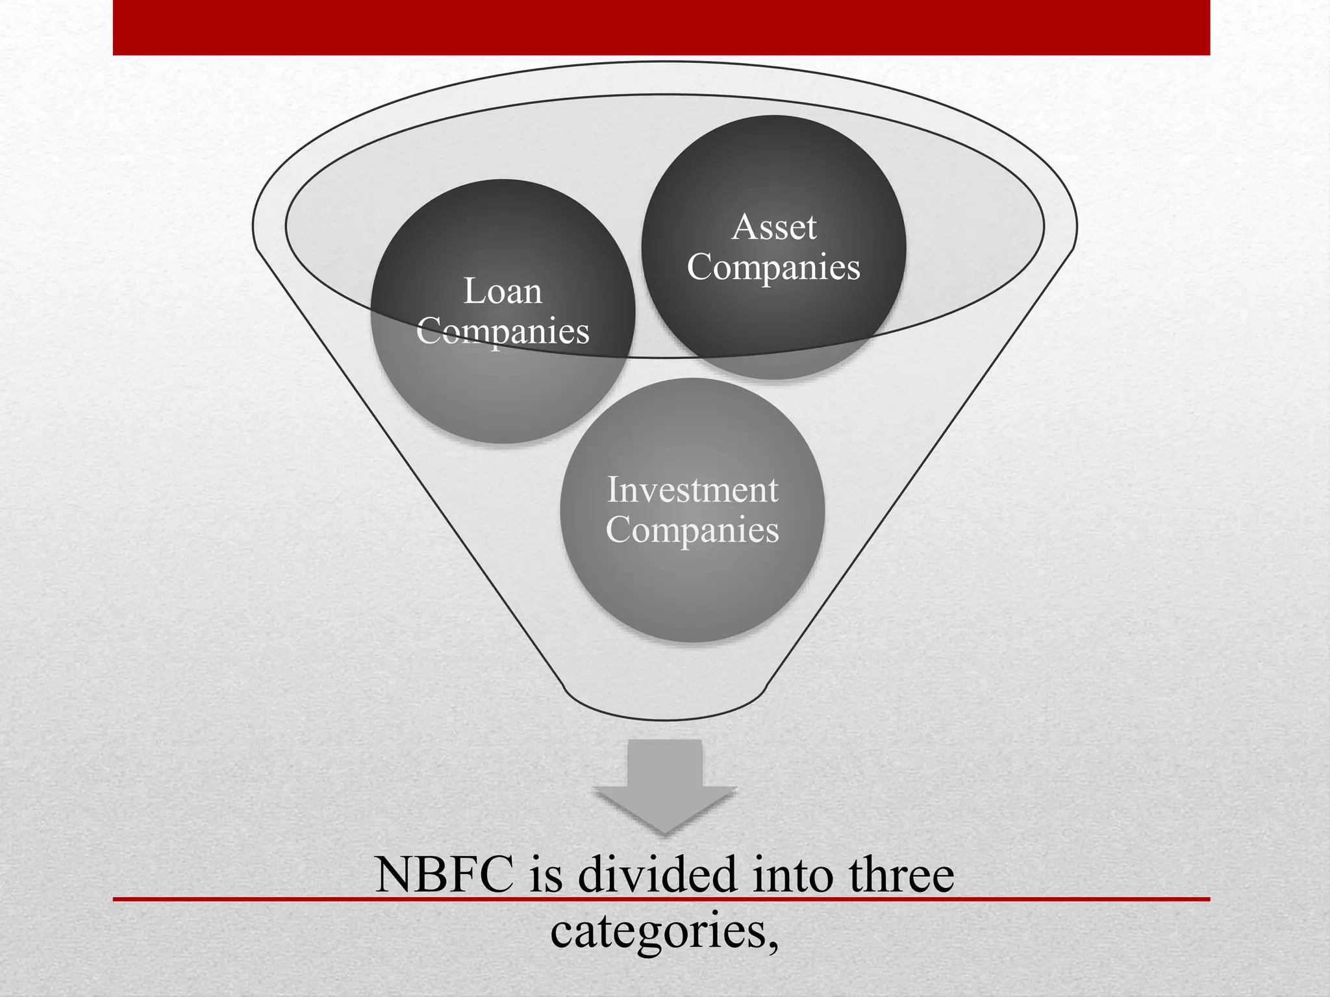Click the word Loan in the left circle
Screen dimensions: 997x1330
[503, 291]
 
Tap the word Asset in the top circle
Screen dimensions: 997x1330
[773, 227]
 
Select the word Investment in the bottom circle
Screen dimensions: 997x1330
[692, 490]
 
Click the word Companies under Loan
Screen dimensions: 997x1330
[503, 332]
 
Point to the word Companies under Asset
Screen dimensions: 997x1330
[773, 267]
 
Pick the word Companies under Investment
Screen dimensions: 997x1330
[692, 530]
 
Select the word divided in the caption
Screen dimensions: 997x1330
[657, 875]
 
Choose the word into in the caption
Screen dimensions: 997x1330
[791, 875]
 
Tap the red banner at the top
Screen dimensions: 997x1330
[661, 27]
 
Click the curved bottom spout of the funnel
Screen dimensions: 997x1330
[665, 711]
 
